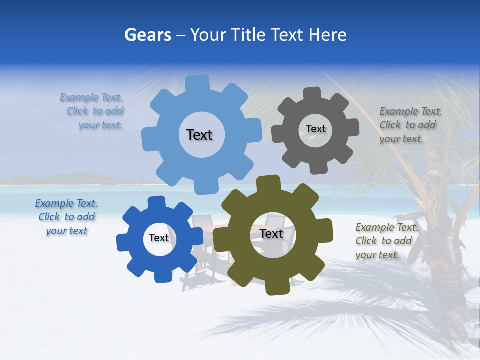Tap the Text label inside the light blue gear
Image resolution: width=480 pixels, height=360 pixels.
(x=199, y=135)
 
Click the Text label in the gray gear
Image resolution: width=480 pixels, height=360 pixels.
(x=315, y=129)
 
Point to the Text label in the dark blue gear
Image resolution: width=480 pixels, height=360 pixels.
(x=159, y=238)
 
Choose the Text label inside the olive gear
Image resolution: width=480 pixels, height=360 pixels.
(x=271, y=234)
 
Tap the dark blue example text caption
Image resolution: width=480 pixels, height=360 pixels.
(x=66, y=217)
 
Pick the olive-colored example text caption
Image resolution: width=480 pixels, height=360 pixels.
(x=385, y=241)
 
